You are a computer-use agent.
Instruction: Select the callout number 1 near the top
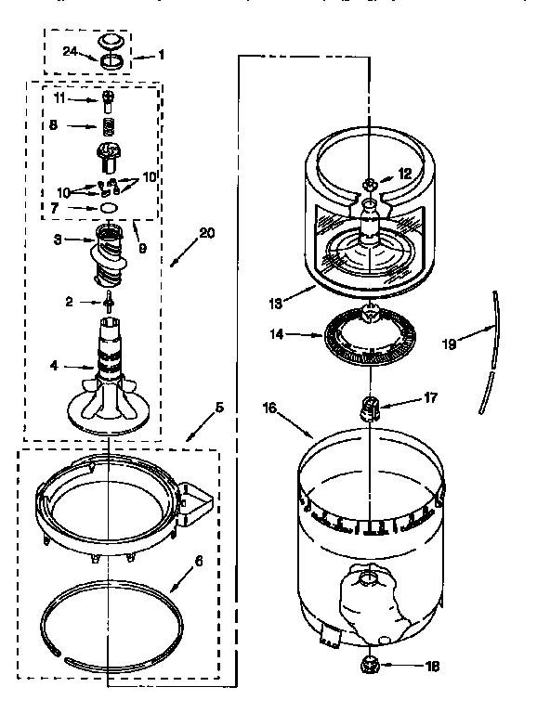161,55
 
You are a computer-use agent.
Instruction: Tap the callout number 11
58,97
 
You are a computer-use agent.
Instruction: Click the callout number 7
57,208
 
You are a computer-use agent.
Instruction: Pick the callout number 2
69,300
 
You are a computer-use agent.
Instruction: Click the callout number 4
53,366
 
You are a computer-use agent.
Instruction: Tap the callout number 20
206,233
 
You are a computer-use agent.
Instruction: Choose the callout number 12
403,174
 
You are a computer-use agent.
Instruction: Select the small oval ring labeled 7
109,209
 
